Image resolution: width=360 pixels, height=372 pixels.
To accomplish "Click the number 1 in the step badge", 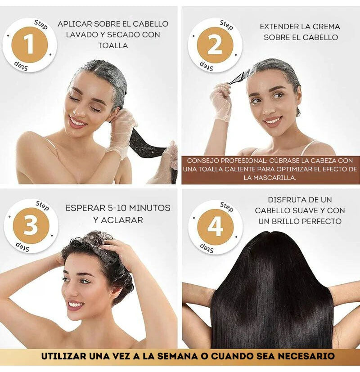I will (x=29, y=45).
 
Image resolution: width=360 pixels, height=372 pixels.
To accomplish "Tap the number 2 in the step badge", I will (x=215, y=45).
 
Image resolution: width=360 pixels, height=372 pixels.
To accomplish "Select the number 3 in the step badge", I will (x=30, y=225).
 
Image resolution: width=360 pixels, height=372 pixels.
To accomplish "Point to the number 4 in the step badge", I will (x=215, y=227).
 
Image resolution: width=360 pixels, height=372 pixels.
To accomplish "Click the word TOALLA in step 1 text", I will (x=113, y=45).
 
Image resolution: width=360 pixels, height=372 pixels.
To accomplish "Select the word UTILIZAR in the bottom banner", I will (x=65, y=356).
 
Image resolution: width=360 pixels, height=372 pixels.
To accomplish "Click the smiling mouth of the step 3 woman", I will (x=75, y=305).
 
